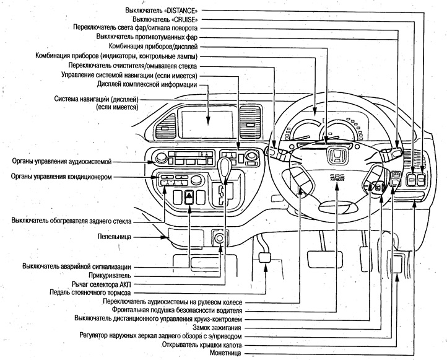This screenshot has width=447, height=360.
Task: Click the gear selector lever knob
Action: click(x=224, y=164)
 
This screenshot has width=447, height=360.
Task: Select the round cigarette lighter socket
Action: click(x=219, y=237)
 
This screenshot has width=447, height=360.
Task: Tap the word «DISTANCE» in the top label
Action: click(x=178, y=11)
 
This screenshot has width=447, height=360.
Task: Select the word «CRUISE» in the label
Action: click(x=182, y=19)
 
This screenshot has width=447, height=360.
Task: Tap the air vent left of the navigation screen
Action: click(x=165, y=121)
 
